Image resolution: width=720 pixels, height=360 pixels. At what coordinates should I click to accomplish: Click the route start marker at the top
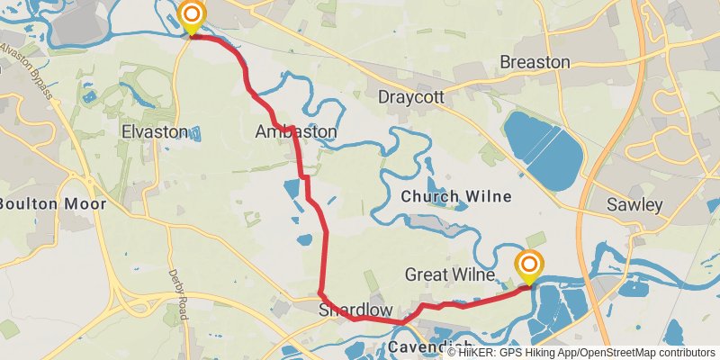point(192,15)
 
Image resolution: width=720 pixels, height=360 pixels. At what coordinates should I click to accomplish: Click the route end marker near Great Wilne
point(529,265)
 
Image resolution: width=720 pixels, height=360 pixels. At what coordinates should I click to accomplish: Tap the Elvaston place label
point(154,132)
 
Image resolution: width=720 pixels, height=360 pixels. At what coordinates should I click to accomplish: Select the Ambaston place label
point(296,132)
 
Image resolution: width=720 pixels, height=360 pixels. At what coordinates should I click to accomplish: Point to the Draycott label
point(411,96)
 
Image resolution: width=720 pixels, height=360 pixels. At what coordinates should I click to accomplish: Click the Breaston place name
point(535,62)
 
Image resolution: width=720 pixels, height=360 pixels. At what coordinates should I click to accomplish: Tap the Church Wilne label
point(456,196)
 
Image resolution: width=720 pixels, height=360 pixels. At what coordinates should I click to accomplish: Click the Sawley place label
point(634,205)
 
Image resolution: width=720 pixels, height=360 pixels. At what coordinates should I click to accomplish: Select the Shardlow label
point(355,310)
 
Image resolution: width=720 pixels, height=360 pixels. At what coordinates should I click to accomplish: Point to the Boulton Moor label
point(51,203)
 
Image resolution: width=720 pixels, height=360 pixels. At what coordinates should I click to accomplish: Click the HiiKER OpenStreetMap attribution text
point(581,352)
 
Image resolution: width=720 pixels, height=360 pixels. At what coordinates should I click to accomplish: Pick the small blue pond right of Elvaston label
point(195,133)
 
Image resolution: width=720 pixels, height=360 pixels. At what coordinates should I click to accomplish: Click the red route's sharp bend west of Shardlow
point(321,292)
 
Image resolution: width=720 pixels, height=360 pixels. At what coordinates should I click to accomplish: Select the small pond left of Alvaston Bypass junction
point(88,95)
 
